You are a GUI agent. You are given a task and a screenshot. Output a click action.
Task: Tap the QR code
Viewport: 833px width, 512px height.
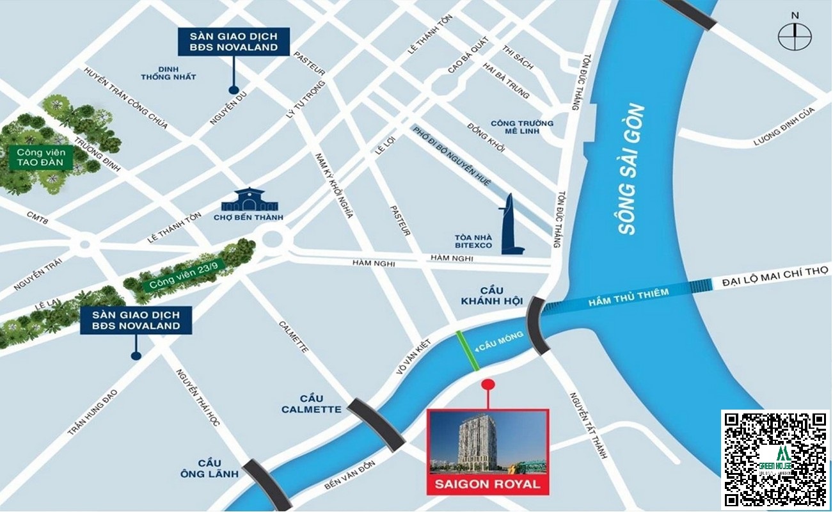tap(775, 458)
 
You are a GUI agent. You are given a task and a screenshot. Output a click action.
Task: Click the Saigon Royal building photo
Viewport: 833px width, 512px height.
tap(488, 441)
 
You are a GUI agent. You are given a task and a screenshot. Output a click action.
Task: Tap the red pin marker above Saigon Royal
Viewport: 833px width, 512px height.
tap(488, 385)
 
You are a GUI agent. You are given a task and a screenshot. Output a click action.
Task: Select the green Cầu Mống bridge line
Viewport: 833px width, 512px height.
tap(468, 351)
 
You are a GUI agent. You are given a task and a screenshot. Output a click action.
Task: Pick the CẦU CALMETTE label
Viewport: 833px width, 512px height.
tap(311, 404)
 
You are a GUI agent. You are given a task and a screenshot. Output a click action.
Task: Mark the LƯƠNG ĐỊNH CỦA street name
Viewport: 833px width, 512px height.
tap(784, 126)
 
